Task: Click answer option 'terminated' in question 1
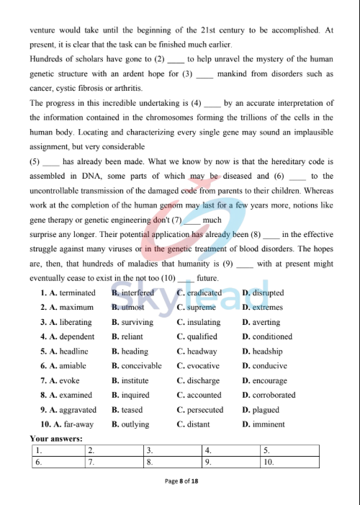[78, 293]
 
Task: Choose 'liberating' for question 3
[76, 322]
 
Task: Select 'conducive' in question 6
[270, 366]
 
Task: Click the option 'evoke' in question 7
[69, 380]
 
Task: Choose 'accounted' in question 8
[204, 395]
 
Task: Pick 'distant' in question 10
[199, 424]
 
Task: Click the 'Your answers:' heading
[56, 438]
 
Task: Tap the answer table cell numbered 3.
[173, 450]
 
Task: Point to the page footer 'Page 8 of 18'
[181, 481]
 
